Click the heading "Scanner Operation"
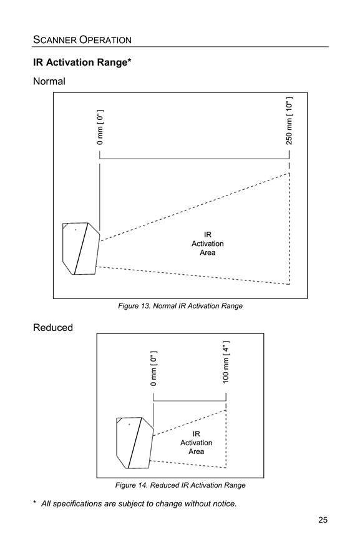82,39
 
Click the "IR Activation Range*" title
82,62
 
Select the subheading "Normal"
49,81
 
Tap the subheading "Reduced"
53,328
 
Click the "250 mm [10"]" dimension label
289,121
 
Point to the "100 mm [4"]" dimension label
226,362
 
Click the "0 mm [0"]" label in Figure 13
100,127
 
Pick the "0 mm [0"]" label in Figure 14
153,368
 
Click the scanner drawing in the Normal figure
81,249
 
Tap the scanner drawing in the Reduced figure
135,443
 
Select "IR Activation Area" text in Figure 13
208,244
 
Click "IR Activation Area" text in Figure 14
197,443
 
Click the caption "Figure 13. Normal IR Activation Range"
180,306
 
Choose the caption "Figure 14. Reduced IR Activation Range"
180,485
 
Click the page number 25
323,520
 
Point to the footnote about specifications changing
135,504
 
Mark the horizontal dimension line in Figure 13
194,159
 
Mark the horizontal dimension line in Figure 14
190,401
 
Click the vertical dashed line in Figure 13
289,229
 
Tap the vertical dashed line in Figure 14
226,439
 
